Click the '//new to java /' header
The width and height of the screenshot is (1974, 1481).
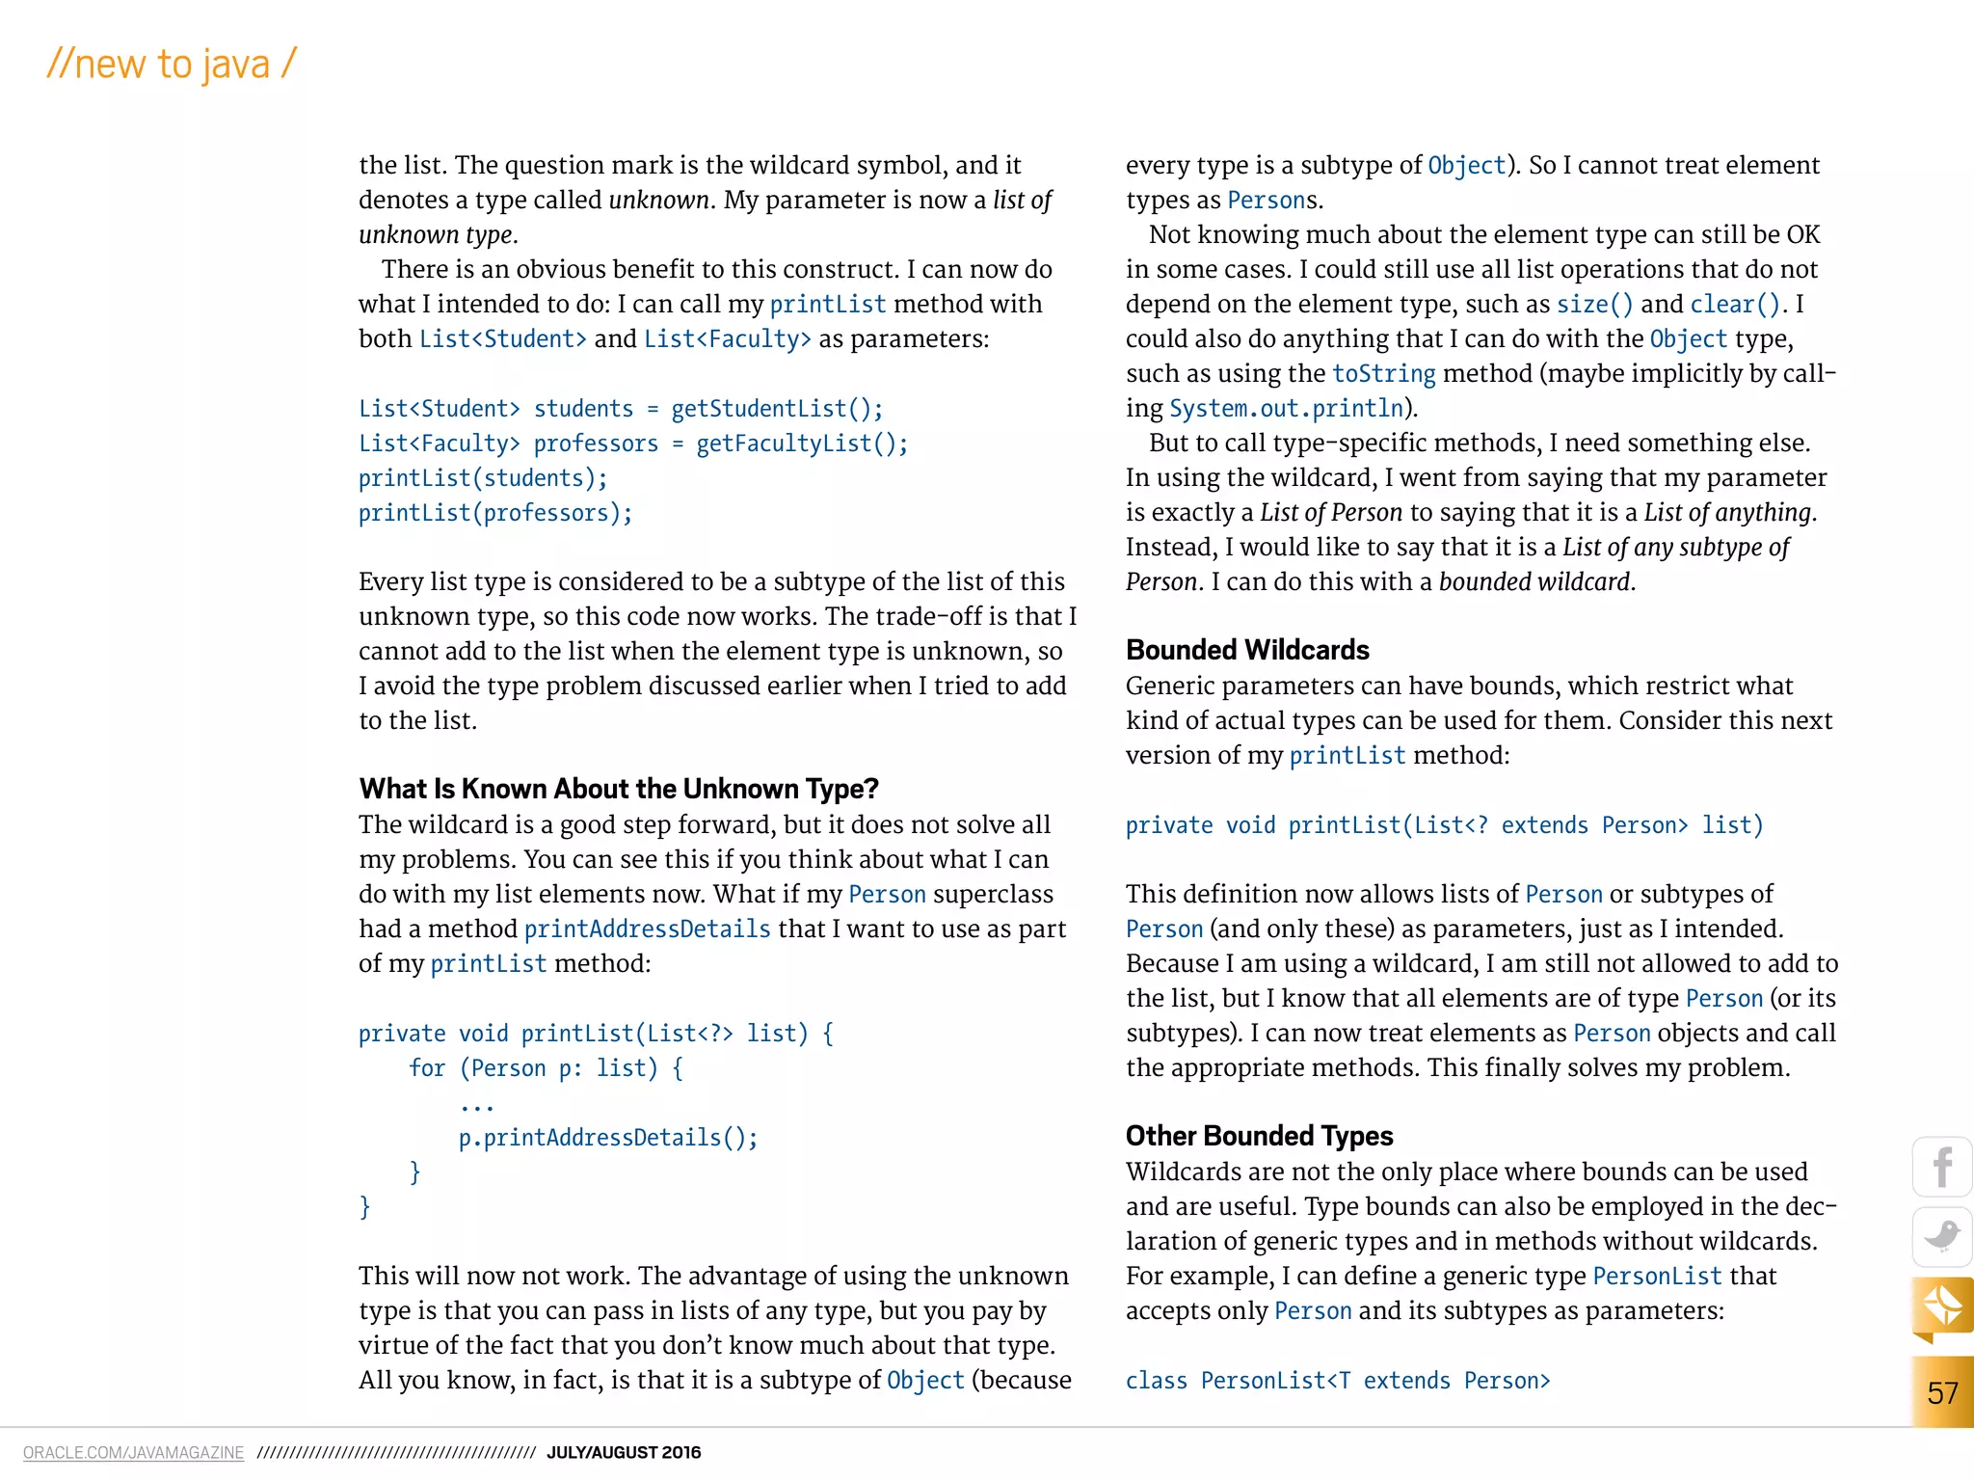(x=172, y=65)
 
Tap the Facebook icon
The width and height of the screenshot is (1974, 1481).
(x=1942, y=1168)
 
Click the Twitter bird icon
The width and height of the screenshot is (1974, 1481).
(x=1942, y=1236)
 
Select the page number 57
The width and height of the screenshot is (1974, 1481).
(x=1942, y=1392)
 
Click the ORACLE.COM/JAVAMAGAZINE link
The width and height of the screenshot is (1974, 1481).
(x=133, y=1452)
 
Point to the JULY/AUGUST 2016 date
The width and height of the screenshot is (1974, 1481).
(x=624, y=1452)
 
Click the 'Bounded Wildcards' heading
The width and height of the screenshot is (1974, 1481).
(x=1246, y=650)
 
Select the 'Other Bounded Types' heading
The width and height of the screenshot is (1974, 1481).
(x=1259, y=1136)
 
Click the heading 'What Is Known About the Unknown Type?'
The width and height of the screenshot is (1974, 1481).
(x=619, y=789)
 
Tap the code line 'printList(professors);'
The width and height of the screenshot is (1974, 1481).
(x=495, y=513)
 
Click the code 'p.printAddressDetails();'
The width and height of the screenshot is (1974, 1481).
(x=608, y=1138)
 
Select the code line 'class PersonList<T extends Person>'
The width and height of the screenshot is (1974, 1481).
(x=1338, y=1381)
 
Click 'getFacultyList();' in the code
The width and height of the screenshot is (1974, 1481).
(x=802, y=444)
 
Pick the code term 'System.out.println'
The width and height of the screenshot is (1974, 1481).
(x=1286, y=409)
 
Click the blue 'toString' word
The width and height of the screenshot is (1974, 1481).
(x=1383, y=374)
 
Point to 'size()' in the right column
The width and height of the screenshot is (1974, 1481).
(x=1594, y=305)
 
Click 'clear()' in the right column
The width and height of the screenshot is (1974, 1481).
(x=1735, y=305)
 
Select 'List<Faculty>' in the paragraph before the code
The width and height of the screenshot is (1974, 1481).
(x=727, y=339)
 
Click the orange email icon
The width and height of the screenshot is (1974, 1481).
(x=1942, y=1307)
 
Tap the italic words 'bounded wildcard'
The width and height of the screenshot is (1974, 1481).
(x=1534, y=582)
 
